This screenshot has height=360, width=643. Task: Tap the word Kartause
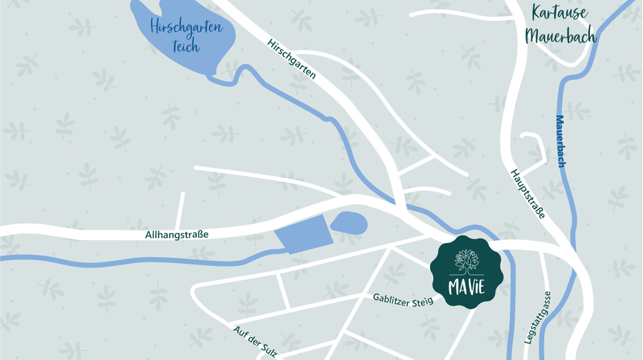(559, 13)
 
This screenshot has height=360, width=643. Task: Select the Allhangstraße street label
(176, 234)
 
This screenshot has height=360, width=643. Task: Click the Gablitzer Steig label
(403, 299)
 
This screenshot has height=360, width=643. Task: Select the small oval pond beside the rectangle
(349, 222)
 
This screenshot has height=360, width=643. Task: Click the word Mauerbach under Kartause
(561, 37)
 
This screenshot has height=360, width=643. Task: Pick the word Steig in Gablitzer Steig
(421, 301)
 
